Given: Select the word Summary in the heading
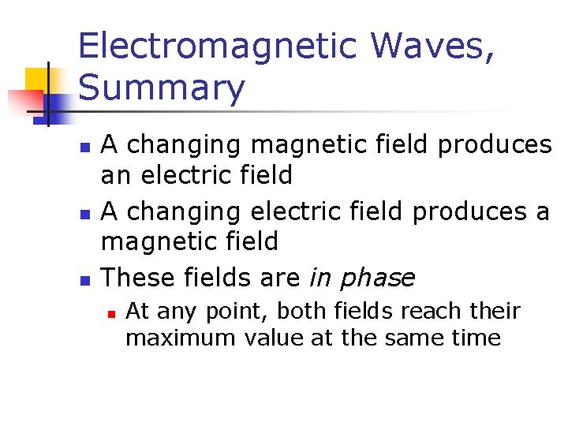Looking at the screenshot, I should click(x=162, y=88).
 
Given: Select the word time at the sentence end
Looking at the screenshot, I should click(x=478, y=338).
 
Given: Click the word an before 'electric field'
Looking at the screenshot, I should click(x=115, y=175).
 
